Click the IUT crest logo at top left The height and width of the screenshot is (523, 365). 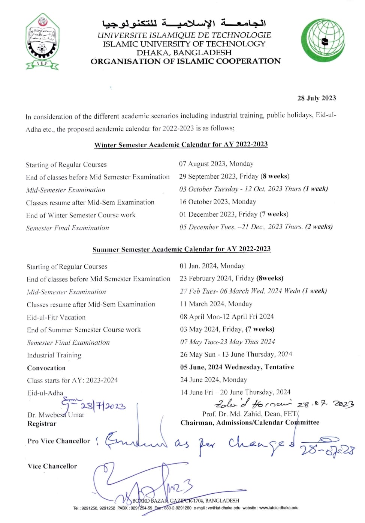pos(42,41)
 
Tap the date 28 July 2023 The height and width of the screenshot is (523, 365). pos(317,98)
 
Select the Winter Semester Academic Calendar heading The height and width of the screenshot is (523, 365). pos(181,145)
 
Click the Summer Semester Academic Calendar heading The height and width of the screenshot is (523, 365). pos(181,249)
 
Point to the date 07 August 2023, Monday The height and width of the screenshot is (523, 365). pos(216,164)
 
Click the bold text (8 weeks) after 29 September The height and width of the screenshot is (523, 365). pos(275,176)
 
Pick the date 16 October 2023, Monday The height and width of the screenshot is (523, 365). pos(218,202)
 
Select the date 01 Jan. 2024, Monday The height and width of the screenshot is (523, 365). pos(212,266)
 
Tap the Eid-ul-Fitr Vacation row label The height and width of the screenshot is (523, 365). pos(56,317)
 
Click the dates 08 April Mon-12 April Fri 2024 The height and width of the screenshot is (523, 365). pos(227,317)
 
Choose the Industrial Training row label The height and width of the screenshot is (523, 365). pos(54,355)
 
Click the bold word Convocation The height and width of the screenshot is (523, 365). pos(46,368)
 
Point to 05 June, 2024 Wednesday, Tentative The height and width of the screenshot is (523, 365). pos(237,367)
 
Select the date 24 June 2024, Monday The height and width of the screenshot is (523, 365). pos(214,380)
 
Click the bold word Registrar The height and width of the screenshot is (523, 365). pos(42,424)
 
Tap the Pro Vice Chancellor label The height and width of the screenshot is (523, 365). pos(59,441)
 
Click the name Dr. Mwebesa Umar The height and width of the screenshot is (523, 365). pos(56,415)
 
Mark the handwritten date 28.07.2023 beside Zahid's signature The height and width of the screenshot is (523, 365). pos(326,404)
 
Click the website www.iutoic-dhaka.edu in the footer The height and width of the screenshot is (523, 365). pos(279,508)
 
